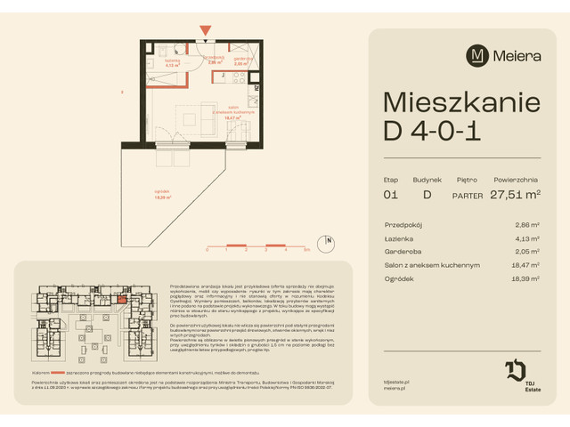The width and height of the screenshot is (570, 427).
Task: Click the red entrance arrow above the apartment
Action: (x=206, y=32)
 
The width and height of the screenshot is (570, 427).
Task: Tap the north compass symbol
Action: (x=328, y=239)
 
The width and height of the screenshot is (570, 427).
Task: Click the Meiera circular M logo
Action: (x=477, y=55)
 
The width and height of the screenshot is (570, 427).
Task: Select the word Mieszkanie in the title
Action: (x=460, y=101)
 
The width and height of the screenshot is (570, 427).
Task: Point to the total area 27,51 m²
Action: (x=515, y=193)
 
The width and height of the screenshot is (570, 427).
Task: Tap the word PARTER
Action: (x=468, y=194)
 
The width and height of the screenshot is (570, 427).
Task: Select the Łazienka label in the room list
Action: (x=399, y=238)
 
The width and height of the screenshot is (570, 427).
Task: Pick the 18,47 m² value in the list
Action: (x=525, y=265)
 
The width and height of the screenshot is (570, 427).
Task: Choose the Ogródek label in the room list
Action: (x=399, y=278)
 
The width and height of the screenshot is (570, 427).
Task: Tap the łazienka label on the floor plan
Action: (x=174, y=60)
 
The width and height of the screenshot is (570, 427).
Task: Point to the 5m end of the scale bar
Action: (x=305, y=249)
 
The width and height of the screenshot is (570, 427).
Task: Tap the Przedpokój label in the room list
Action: (x=402, y=225)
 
